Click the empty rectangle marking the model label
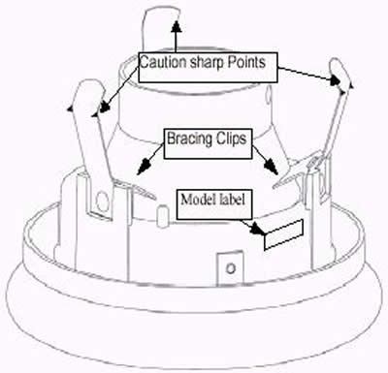(284, 232)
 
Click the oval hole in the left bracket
(102, 201)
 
